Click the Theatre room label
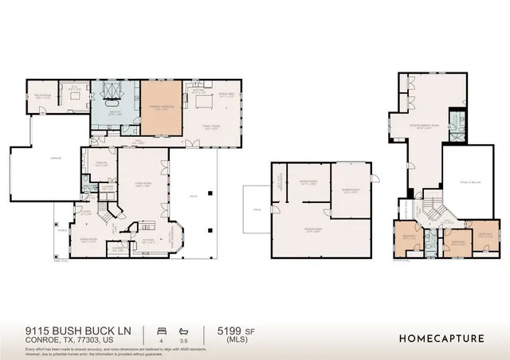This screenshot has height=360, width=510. (x=100, y=165)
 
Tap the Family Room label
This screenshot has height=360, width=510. (x=210, y=126)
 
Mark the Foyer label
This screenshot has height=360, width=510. (x=147, y=239)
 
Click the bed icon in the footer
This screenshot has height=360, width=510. (x=162, y=330)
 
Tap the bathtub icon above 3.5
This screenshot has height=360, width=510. (x=184, y=330)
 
